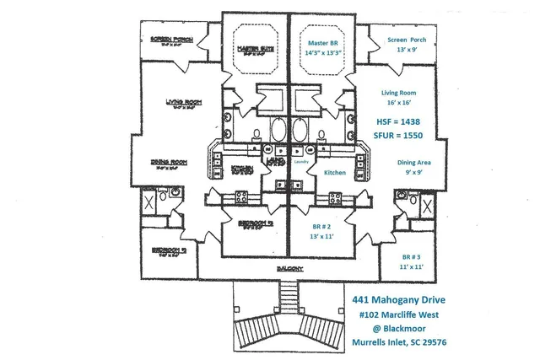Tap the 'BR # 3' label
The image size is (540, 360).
pyautogui.click(x=412, y=256)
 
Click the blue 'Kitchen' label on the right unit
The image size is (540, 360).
pyautogui.click(x=336, y=172)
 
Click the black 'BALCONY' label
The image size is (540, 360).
pyautogui.click(x=289, y=269)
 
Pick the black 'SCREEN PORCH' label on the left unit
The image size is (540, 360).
pyautogui.click(x=171, y=40)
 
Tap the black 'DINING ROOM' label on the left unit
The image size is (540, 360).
pyautogui.click(x=170, y=162)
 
